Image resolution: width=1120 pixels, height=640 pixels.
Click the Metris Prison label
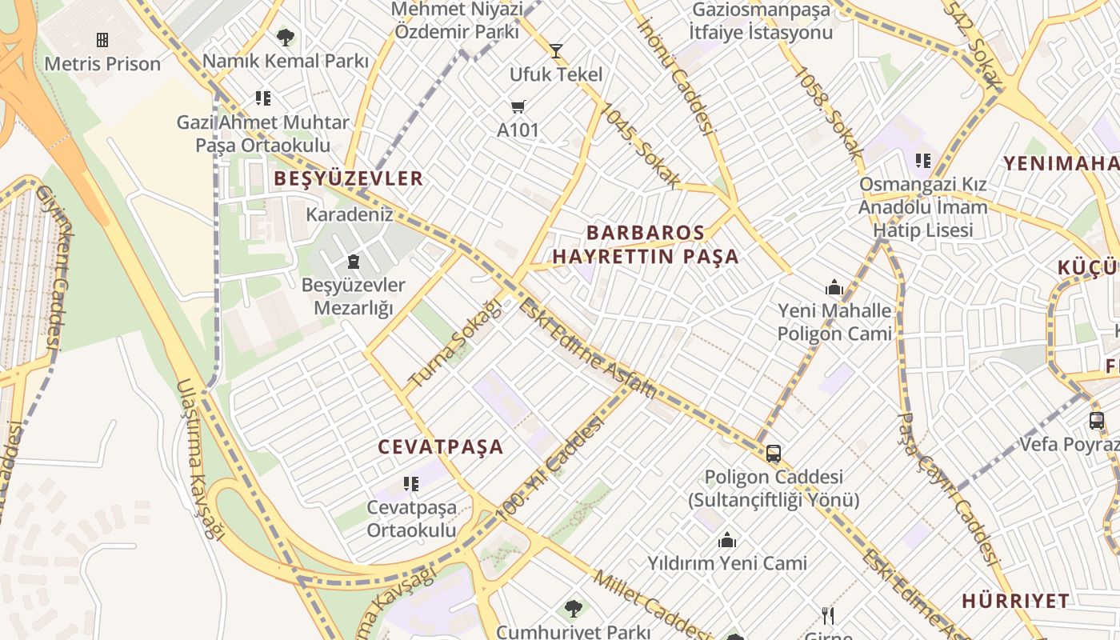102,64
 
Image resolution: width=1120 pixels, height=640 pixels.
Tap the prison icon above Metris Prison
102,39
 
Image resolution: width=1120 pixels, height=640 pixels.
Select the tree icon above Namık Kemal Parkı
285,37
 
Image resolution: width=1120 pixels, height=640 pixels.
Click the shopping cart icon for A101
518,106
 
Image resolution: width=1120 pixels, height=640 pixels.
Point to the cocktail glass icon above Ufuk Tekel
556,51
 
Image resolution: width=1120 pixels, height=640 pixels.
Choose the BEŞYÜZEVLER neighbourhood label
348,178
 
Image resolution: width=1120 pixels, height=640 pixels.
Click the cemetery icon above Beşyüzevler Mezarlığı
353,261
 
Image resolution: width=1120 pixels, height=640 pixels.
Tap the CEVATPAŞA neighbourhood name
440,447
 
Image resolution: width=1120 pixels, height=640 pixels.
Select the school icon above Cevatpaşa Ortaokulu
411,483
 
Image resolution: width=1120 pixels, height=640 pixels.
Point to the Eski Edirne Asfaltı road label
587,349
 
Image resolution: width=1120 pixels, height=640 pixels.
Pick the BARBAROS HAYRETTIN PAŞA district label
646,245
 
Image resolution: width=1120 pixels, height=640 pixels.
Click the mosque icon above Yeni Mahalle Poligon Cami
834,287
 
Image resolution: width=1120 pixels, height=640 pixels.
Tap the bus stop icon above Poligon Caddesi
774,454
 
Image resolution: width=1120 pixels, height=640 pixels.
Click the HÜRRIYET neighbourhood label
1015,601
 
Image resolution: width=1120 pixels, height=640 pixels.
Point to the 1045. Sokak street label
641,146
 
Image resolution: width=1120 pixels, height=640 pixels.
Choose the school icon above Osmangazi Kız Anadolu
923,161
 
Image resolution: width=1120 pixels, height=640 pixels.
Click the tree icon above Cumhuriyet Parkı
573,608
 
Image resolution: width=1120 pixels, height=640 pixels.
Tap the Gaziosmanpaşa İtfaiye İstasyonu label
762,22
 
